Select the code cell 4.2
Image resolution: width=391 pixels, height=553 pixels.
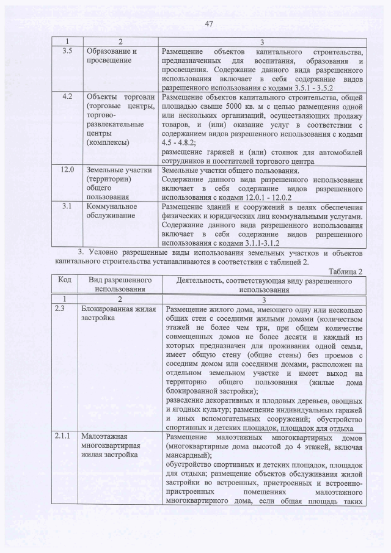[68, 97]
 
